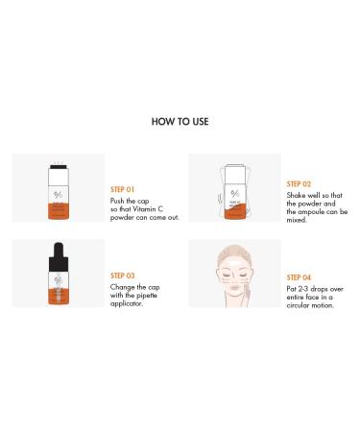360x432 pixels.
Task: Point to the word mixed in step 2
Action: pos(298,221)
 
